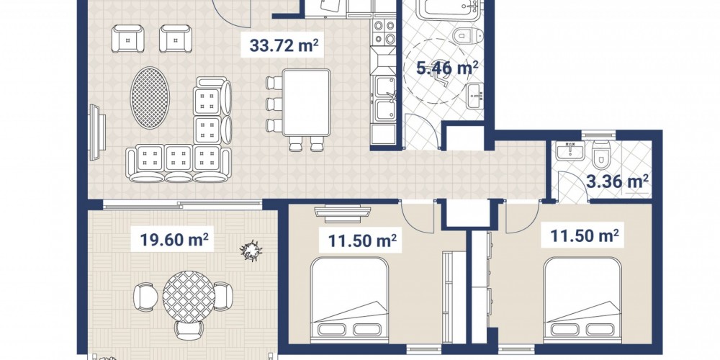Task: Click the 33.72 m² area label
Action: click(284, 45)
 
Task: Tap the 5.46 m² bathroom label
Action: click(447, 68)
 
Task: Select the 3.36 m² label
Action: click(617, 181)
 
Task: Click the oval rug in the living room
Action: click(150, 98)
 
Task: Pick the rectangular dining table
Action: click(306, 102)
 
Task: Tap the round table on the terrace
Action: click(189, 297)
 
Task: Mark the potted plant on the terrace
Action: click(251, 251)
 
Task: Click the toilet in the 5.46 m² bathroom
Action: click(467, 35)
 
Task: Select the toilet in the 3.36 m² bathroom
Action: click(601, 155)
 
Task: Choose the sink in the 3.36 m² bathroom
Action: click(570, 150)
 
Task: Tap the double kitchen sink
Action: click(384, 98)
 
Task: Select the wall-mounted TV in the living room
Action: click(97, 132)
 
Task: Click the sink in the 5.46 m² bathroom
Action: click(474, 96)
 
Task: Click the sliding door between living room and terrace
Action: click(182, 204)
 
